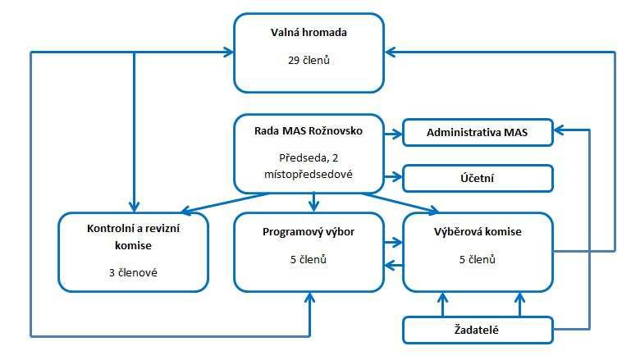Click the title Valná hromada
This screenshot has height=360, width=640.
pyautogui.click(x=309, y=33)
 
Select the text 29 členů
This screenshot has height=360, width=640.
pyautogui.click(x=309, y=61)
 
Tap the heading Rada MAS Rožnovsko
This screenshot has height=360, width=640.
pyautogui.click(x=309, y=131)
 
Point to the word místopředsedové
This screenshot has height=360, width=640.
pyautogui.click(x=309, y=175)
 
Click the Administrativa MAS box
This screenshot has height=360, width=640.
pyautogui.click(x=478, y=133)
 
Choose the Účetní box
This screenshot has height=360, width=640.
pyautogui.click(x=478, y=178)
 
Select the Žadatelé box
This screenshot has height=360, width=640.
pyautogui.click(x=478, y=330)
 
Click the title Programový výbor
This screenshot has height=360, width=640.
pyautogui.click(x=309, y=232)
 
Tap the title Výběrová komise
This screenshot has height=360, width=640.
pyautogui.click(x=478, y=232)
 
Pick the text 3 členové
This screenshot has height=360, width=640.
pyautogui.click(x=133, y=273)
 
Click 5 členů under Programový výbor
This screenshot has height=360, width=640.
pyautogui.click(x=309, y=259)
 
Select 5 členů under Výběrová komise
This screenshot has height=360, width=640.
pyautogui.click(x=478, y=259)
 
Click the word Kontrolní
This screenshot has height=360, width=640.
pyautogui.click(x=110, y=229)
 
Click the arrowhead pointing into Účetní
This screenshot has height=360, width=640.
pyautogui.click(x=397, y=177)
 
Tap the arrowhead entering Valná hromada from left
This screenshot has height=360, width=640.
pyautogui.click(x=228, y=52)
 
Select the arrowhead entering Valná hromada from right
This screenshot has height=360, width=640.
pyautogui.click(x=390, y=52)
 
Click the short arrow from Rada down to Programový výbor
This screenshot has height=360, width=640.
pyautogui.click(x=313, y=203)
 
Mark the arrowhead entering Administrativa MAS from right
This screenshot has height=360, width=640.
pyautogui.click(x=559, y=130)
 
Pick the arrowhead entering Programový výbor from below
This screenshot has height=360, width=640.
pyautogui.click(x=310, y=298)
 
